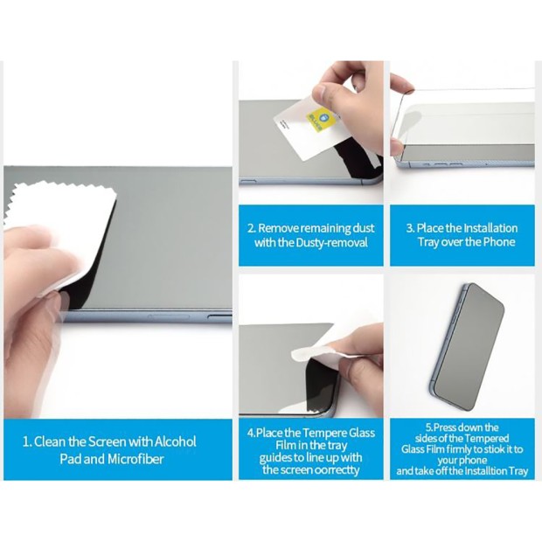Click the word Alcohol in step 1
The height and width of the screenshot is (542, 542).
pyautogui.click(x=175, y=441)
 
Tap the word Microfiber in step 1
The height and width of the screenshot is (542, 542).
pyautogui.click(x=135, y=459)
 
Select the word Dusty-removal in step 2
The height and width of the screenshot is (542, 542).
pyautogui.click(x=332, y=243)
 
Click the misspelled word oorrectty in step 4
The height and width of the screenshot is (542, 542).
pyautogui.click(x=335, y=470)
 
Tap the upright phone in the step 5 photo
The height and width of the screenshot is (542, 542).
pyautogui.click(x=468, y=347)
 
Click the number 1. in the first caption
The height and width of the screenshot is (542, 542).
pyautogui.click(x=27, y=442)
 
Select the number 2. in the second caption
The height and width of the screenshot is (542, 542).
pyautogui.click(x=252, y=228)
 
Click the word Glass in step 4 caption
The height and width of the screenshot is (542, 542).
pyautogui.click(x=362, y=434)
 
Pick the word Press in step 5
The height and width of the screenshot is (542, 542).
pyautogui.click(x=445, y=428)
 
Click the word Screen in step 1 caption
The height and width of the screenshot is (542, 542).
pyautogui.click(x=107, y=442)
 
